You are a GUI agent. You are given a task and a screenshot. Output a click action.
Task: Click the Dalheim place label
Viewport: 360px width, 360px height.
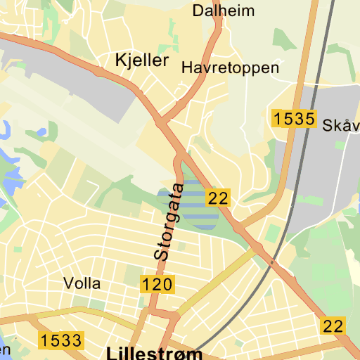[224, 11]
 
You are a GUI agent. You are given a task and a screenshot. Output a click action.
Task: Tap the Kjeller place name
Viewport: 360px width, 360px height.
[142, 60]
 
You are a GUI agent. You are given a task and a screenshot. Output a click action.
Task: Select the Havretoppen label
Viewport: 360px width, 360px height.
[230, 68]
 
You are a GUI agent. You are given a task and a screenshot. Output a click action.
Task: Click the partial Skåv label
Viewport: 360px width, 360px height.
[341, 126]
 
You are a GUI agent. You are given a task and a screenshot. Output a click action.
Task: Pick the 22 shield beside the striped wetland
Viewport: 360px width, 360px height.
[218, 198]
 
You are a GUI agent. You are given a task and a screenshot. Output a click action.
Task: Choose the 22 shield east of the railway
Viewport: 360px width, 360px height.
[333, 326]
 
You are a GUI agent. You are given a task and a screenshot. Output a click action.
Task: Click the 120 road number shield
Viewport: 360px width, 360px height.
[157, 285]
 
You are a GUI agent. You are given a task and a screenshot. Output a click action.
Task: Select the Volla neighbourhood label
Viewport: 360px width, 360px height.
[82, 284]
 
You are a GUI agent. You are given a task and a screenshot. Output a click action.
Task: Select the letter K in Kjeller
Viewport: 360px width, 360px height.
[120, 60]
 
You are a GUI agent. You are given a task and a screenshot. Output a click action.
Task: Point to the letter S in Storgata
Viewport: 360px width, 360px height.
[162, 255]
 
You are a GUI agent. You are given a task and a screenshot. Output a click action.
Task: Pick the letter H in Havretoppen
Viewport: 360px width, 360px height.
[186, 68]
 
